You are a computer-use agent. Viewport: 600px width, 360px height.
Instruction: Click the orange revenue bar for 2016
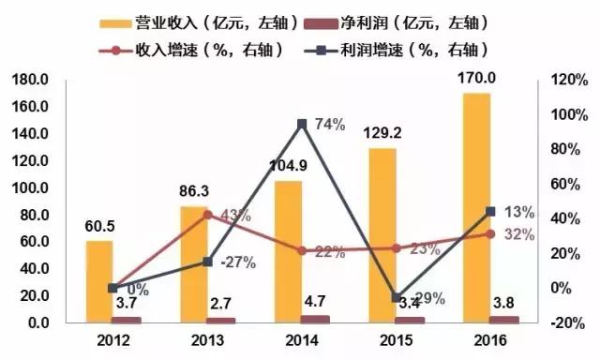476,206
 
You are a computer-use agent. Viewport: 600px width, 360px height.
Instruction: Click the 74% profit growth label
328,124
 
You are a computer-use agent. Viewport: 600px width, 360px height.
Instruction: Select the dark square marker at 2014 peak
302,124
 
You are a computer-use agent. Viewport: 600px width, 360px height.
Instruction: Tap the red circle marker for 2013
208,215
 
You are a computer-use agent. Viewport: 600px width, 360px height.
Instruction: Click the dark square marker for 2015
397,297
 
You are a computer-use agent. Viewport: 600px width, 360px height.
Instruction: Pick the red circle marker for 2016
490,233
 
